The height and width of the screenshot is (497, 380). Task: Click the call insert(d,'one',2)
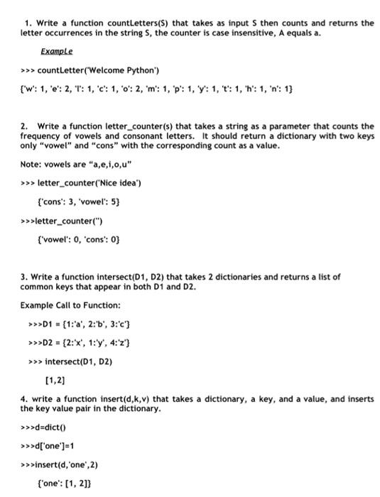(67, 464)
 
